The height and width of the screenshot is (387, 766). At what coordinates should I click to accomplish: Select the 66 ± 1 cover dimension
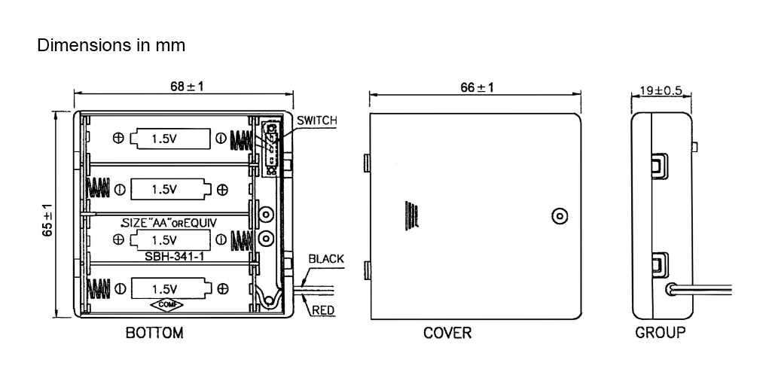click(x=477, y=87)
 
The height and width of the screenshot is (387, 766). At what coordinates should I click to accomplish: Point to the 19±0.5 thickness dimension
click(x=661, y=90)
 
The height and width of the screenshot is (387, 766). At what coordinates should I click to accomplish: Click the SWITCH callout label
click(x=316, y=121)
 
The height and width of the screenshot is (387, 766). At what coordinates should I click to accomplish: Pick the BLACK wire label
click(x=325, y=259)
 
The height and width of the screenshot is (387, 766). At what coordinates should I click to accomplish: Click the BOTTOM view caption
click(x=154, y=333)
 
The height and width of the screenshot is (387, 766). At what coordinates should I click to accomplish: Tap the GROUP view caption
click(x=661, y=333)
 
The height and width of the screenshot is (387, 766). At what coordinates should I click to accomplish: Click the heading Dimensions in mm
click(x=111, y=45)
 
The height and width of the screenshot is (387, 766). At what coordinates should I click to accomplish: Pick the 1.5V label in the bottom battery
click(x=164, y=289)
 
